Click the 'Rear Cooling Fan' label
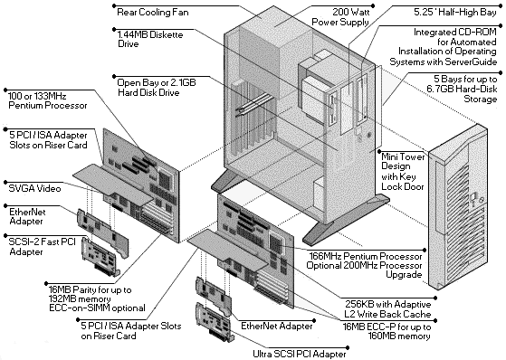tap(153, 13)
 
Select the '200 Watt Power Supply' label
tap(340, 17)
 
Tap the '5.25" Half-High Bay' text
tap(455, 13)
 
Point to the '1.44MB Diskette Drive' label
tap(150, 39)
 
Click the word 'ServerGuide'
tap(471, 62)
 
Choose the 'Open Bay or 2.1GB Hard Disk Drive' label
tap(157, 88)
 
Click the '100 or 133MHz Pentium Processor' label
tap(47, 100)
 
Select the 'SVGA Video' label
tap(35, 188)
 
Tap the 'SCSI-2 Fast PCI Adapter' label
tap(42, 246)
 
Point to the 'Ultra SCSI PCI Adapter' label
tap(299, 354)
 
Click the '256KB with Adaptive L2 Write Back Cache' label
tap(388, 309)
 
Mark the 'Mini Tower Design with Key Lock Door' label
tap(403, 172)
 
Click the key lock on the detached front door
tap(473, 198)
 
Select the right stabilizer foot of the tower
tap(345, 220)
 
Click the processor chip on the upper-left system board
tap(166, 177)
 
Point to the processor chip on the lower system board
tap(276, 243)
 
